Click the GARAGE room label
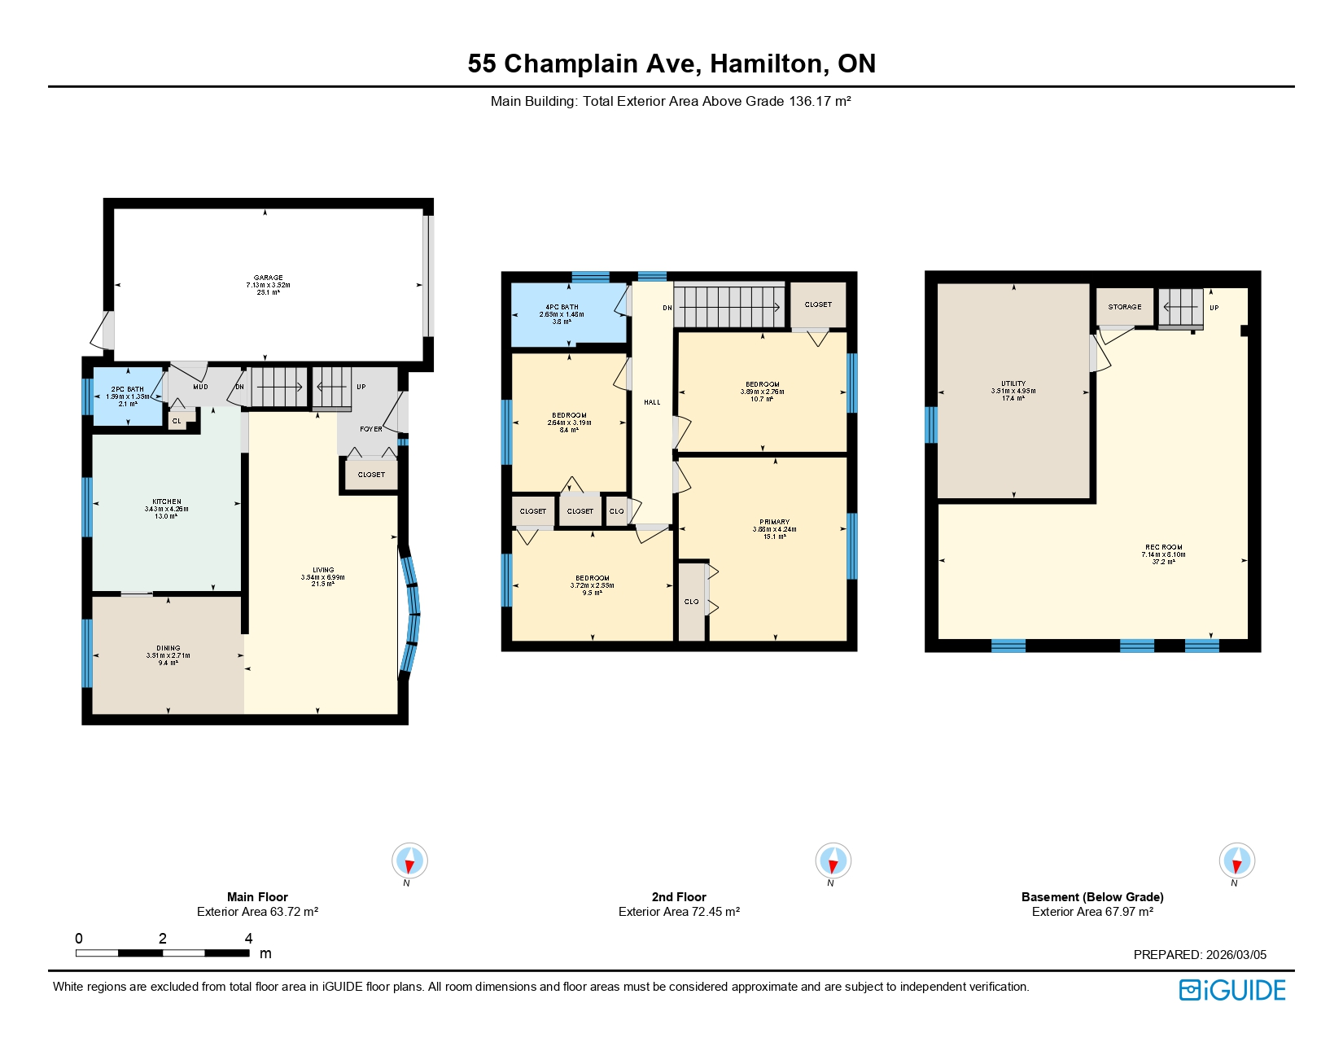(x=268, y=278)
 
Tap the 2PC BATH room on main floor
(x=128, y=396)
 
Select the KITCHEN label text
(x=167, y=502)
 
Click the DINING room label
(x=168, y=649)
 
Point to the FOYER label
(x=371, y=429)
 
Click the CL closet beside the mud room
(x=177, y=421)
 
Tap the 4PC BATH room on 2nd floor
(x=562, y=314)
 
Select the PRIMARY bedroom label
(x=774, y=522)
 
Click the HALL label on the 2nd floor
(x=652, y=402)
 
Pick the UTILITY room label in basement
(x=1013, y=383)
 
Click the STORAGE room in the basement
(x=1124, y=307)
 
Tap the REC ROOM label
(x=1163, y=547)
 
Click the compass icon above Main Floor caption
(x=409, y=861)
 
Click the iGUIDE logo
(x=1232, y=990)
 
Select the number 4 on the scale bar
(x=248, y=939)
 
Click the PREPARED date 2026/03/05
(x=1236, y=955)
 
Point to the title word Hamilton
(x=769, y=64)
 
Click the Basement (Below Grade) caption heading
(x=1092, y=897)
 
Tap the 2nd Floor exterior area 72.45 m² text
(x=679, y=912)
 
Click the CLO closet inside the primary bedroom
(x=691, y=602)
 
